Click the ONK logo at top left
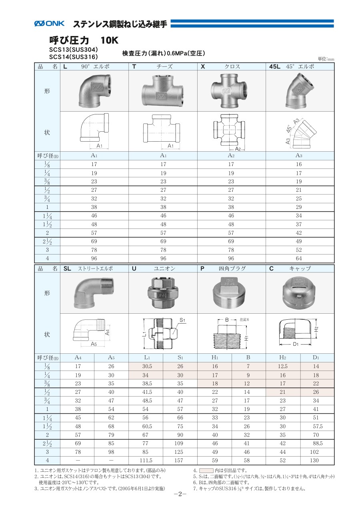(x=49, y=23)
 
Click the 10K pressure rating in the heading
(x=110, y=41)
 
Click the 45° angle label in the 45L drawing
(x=289, y=129)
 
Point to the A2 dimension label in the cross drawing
(x=238, y=149)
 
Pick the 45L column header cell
(x=300, y=66)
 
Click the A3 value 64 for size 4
(x=299, y=259)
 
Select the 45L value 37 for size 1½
(x=299, y=224)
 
